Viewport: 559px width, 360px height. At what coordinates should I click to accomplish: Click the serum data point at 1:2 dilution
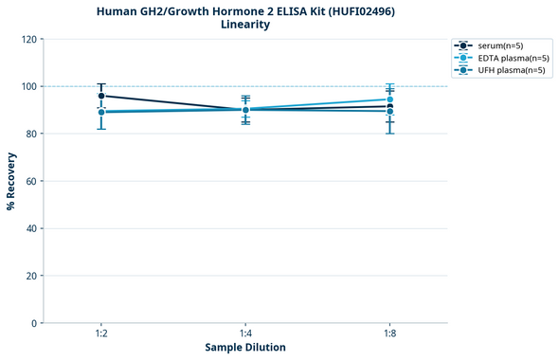101,96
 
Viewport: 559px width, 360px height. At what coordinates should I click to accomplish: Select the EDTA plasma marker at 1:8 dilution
389,99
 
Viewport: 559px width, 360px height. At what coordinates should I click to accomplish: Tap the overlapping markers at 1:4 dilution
245,110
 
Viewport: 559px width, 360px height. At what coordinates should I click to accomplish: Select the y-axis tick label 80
30,134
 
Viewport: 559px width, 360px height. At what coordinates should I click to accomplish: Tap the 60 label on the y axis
30,181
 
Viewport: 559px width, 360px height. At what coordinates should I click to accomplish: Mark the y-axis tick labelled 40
30,228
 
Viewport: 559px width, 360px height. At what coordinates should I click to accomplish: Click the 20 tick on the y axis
30,276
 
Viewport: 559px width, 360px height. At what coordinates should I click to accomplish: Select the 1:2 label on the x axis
101,334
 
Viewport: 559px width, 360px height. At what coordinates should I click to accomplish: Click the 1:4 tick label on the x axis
245,334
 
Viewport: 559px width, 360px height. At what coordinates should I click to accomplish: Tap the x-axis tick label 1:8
389,334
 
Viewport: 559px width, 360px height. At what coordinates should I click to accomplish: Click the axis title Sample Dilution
245,348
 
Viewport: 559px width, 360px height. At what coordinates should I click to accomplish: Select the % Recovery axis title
11,180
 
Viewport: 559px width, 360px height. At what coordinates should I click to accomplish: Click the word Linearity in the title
245,25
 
